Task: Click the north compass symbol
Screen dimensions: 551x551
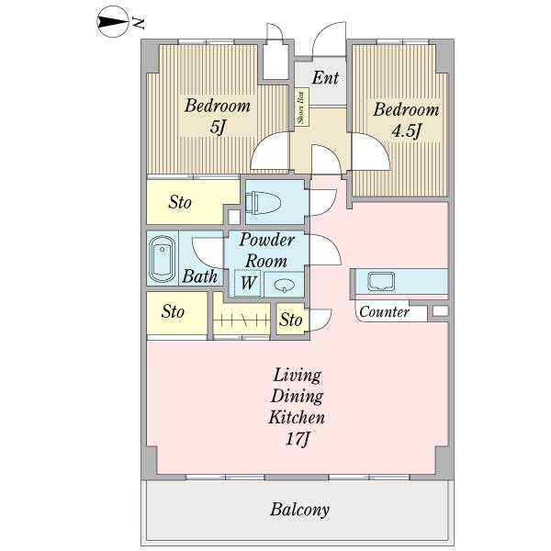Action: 112,22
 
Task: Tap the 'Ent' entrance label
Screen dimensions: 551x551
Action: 325,78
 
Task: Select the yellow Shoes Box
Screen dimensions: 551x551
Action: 301,107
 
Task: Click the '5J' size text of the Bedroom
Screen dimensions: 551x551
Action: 217,127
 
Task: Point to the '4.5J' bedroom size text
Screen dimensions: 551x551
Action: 406,131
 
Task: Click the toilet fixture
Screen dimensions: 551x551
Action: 263,204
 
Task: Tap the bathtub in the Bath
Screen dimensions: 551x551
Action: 162,259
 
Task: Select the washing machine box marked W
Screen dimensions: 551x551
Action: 247,283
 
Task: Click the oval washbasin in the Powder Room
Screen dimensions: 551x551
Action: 283,286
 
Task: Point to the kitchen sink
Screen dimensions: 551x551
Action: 381,282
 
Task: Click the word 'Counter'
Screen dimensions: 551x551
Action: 385,312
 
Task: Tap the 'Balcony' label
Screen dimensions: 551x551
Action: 299,510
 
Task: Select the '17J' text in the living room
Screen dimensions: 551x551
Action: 298,439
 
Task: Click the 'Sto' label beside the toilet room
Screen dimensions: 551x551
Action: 180,202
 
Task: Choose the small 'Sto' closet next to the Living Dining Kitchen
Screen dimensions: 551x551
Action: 291,320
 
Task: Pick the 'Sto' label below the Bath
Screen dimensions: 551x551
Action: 173,311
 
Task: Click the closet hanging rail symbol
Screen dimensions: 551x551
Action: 242,320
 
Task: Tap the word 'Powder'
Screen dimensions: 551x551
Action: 267,240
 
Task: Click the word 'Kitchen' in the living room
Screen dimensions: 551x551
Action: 297,418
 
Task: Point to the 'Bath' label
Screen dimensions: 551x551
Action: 199,276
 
